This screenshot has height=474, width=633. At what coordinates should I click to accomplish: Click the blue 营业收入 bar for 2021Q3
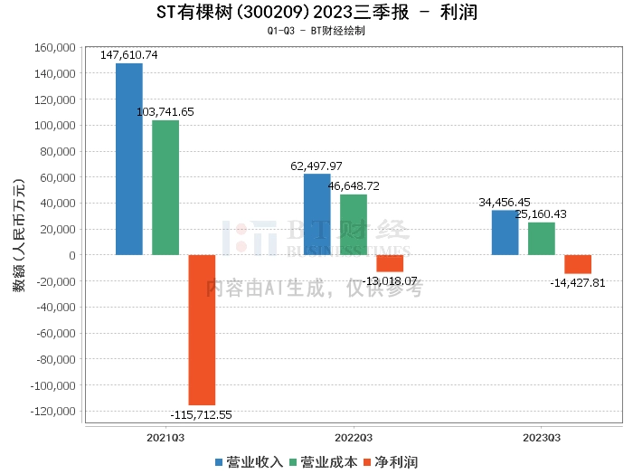129,159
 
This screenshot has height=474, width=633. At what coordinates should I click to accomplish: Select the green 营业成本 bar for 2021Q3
165,187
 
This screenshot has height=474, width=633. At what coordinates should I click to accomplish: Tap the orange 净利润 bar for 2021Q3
202,329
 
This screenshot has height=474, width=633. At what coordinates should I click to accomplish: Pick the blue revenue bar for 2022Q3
316,214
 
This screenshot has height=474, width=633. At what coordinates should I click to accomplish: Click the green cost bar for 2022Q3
354,224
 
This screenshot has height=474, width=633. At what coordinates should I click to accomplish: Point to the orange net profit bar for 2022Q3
390,263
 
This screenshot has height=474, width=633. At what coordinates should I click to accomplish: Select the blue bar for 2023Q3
505,232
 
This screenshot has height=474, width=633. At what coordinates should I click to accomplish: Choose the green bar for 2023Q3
542,239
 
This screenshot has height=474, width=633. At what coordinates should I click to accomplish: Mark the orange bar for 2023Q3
578,264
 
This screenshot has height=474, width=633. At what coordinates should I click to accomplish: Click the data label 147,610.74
129,55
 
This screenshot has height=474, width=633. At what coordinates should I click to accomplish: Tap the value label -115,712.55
202,415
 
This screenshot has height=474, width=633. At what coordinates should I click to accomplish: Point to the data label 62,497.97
316,166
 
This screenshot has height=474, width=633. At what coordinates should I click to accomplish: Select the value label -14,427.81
578,283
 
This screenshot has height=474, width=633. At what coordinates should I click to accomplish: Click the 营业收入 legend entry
250,462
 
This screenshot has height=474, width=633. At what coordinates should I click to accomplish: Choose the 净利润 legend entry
390,462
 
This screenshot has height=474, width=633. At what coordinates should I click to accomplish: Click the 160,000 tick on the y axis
55,47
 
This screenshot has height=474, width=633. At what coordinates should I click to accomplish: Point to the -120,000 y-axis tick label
52,412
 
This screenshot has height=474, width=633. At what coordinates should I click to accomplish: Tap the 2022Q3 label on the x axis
353,437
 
